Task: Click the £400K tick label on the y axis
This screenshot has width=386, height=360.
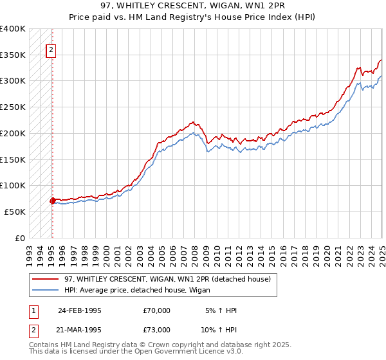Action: click(x=13, y=29)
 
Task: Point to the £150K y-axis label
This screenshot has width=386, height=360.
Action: click(x=13, y=159)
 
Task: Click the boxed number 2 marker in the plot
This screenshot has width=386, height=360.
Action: click(x=51, y=51)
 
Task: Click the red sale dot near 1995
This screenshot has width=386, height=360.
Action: click(x=52, y=201)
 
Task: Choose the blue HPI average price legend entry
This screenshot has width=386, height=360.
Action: click(x=142, y=290)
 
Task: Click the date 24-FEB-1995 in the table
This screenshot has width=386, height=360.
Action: click(x=80, y=310)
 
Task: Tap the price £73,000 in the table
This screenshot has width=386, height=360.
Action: click(x=156, y=329)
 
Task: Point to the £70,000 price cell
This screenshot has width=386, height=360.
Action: click(x=156, y=310)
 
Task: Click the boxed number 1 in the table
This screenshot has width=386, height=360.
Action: click(x=32, y=310)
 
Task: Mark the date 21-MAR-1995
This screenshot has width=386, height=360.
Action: click(x=80, y=329)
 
